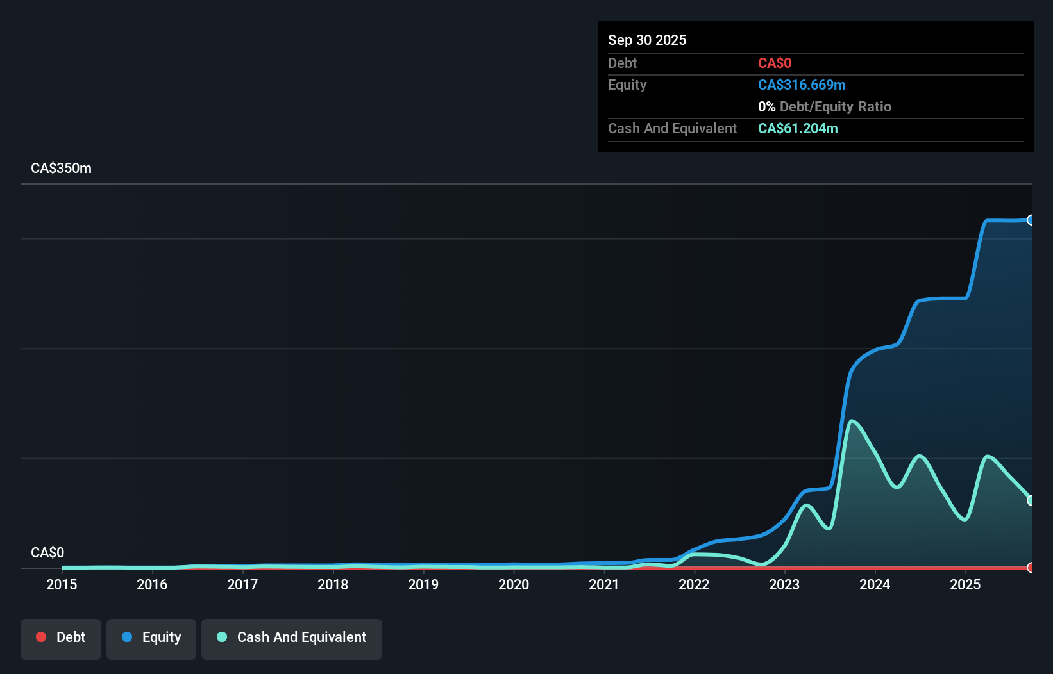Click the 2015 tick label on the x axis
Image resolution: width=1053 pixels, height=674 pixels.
[x=62, y=584]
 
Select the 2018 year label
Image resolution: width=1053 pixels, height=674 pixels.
[x=333, y=584]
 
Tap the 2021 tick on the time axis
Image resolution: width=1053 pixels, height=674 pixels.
[x=604, y=584]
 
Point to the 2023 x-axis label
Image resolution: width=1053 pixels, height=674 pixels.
[x=784, y=584]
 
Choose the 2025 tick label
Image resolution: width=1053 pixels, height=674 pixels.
[x=965, y=584]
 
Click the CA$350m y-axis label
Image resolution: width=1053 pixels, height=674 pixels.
[x=61, y=168]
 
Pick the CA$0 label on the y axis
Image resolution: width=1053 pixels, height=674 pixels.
[x=47, y=552]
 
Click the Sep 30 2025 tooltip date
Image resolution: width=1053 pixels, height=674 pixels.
[x=647, y=40]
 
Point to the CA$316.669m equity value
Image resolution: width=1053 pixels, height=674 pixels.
[x=802, y=85]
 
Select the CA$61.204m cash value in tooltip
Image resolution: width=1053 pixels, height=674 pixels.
[x=798, y=128]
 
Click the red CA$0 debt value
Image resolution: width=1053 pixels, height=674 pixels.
[x=775, y=63]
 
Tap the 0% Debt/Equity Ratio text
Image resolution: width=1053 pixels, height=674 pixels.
[x=825, y=106]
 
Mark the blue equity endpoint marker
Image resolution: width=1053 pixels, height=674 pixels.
[x=1031, y=220]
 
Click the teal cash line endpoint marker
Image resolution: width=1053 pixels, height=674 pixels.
[x=1031, y=500]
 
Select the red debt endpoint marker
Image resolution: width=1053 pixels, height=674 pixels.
[x=1031, y=567]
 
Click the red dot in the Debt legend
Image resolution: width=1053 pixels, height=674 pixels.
[x=41, y=637]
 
